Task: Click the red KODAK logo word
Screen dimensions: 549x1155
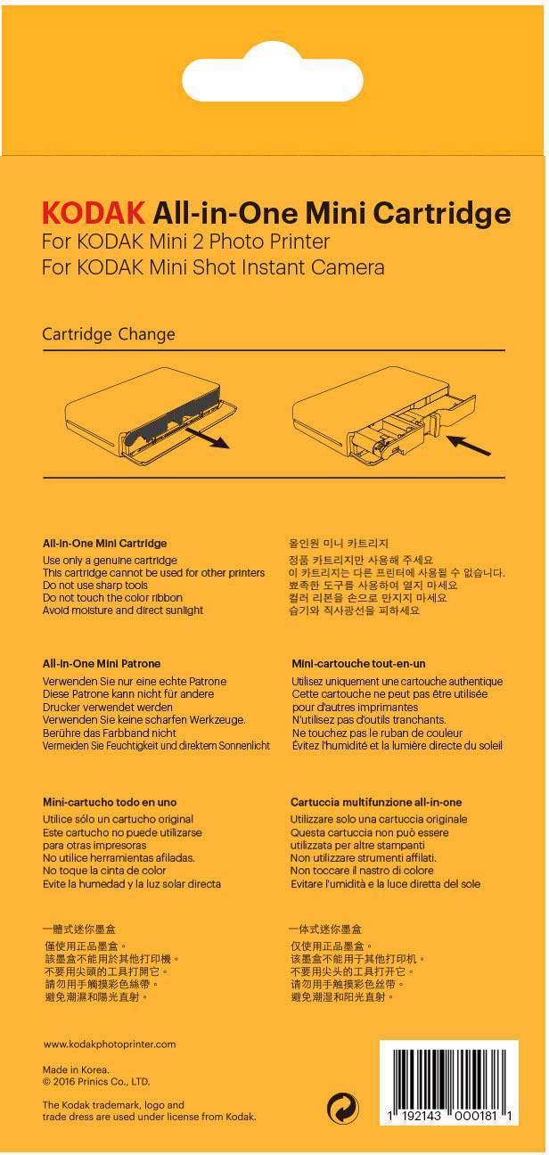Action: pos(94,212)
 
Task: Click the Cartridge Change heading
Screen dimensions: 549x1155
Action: pos(109,334)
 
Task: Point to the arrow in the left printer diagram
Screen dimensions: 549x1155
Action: pos(208,438)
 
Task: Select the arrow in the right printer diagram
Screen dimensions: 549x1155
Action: pos(468,446)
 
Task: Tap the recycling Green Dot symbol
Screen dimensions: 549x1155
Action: pos(343,1108)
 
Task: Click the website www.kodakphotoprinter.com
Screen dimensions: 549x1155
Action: pos(110,1044)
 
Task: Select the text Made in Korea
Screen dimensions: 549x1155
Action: pos(76,1070)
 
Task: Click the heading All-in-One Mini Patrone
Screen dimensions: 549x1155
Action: pos(102,664)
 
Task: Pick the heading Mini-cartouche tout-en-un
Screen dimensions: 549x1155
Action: pos(359,664)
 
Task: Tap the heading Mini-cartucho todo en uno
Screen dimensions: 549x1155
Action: pos(110,802)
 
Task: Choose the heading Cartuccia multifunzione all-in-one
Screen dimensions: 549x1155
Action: pos(376,802)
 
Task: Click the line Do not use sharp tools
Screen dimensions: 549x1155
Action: pos(95,586)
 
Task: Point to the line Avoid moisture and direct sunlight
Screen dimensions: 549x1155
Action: pos(123,610)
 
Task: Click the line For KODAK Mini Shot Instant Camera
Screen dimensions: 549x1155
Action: pos(213,267)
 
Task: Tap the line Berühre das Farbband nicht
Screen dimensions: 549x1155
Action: pos(110,733)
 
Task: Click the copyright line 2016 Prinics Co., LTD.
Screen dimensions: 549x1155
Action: pos(96,1082)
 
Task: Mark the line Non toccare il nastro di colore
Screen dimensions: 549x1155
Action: pos(362,871)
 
